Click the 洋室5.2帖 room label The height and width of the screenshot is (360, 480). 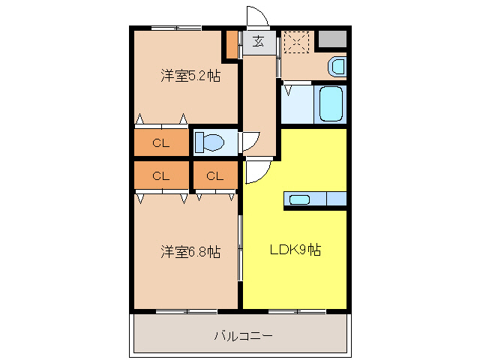190,76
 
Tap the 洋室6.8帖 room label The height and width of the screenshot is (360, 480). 190,252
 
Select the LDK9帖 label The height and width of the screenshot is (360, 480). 295,250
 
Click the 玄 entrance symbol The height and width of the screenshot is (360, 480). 258,41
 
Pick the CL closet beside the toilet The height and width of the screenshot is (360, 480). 160,142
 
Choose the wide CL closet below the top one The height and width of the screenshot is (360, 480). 160,177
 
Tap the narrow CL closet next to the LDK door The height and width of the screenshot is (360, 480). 215,177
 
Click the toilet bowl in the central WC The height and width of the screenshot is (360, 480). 211,142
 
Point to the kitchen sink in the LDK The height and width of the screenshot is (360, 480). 299,199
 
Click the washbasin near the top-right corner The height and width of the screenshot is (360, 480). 337,67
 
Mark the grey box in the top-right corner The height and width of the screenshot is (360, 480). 331,39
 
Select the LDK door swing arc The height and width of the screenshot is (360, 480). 254,172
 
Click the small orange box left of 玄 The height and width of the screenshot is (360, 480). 233,44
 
